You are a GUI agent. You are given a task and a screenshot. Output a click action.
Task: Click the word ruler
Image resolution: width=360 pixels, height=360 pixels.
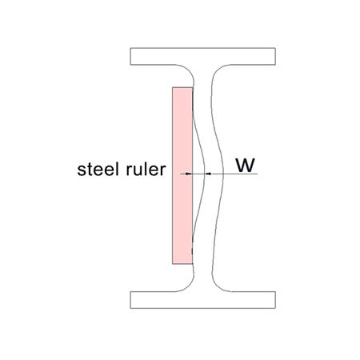[x=146, y=169]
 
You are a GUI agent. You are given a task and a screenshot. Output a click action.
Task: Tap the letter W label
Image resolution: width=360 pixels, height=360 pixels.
[x=246, y=165]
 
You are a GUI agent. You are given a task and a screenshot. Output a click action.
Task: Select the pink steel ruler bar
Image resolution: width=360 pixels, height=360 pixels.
[x=182, y=175]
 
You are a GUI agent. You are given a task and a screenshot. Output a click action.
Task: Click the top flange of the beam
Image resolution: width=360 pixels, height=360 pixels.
[x=202, y=56]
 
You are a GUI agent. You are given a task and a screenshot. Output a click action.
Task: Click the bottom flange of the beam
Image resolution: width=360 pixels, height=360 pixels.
[x=202, y=300]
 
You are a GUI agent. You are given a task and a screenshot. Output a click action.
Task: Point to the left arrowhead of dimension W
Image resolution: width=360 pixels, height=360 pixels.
[x=189, y=174]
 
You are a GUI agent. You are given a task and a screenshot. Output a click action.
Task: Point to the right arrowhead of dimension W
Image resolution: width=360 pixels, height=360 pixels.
[x=208, y=174]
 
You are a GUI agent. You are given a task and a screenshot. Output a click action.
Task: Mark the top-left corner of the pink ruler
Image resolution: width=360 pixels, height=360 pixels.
[x=173, y=87]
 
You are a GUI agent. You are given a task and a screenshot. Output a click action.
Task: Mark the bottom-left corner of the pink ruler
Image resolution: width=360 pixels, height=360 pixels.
[x=173, y=264]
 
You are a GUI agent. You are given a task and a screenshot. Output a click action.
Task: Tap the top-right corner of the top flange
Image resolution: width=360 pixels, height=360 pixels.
[x=275, y=48]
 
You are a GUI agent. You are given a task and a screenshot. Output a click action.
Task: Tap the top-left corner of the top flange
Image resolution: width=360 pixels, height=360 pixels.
[x=130, y=48]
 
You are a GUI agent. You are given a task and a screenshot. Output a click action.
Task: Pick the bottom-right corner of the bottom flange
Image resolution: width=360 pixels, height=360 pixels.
[x=275, y=309]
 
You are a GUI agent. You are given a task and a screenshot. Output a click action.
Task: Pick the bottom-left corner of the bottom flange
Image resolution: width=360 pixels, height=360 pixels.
[x=130, y=309]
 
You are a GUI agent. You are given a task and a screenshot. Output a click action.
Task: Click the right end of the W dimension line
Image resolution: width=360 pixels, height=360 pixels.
[x=258, y=174]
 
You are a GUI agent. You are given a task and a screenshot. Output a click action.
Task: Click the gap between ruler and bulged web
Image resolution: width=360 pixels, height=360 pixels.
[x=198, y=174]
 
